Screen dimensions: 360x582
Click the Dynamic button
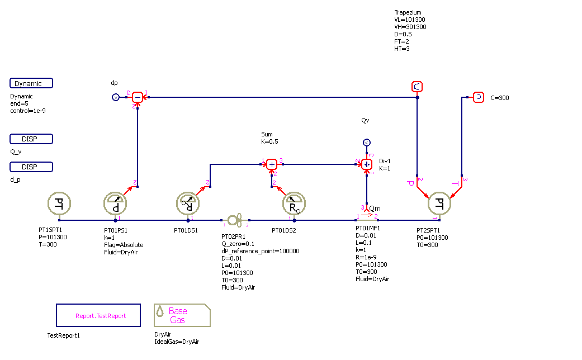coord(31,83)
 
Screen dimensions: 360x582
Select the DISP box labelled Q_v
coord(31,139)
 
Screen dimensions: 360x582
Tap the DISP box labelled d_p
coord(31,167)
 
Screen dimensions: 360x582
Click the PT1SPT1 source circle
coord(59,204)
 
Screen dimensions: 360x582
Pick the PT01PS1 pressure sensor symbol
coord(116,204)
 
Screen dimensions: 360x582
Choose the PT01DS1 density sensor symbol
coord(188,204)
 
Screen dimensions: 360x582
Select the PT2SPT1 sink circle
coord(439,204)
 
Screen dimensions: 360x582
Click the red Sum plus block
coord(272,164)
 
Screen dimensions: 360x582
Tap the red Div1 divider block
coord(367,164)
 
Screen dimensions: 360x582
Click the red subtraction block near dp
coord(138,98)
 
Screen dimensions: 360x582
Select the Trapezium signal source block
coord(417,86)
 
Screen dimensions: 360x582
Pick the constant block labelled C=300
coord(479,97)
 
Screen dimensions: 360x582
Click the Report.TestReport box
coord(101,315)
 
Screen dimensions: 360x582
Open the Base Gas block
coord(182,315)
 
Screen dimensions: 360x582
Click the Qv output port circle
coord(366,142)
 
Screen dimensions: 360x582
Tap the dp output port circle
coord(116,98)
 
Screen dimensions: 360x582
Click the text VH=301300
coord(410,27)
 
